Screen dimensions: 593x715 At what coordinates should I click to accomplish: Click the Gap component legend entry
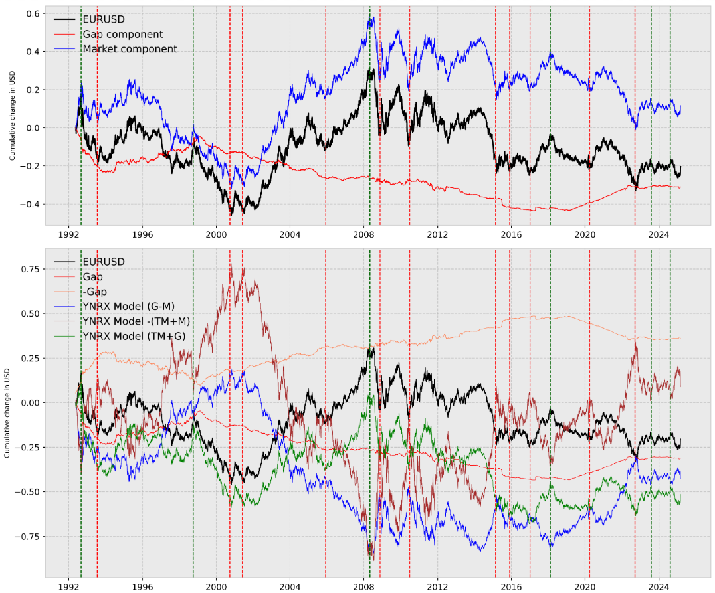[x=122, y=34]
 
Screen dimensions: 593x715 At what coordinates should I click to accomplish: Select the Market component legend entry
[x=130, y=48]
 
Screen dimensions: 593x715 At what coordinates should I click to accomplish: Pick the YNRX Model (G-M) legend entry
[x=134, y=306]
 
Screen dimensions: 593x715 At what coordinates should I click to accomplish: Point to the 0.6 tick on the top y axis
[x=31, y=14]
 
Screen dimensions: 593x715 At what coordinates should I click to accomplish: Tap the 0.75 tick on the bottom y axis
[x=28, y=269]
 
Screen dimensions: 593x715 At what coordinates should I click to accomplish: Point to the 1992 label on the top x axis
[x=68, y=234]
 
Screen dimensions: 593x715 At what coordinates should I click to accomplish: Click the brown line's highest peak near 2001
[x=231, y=265]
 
